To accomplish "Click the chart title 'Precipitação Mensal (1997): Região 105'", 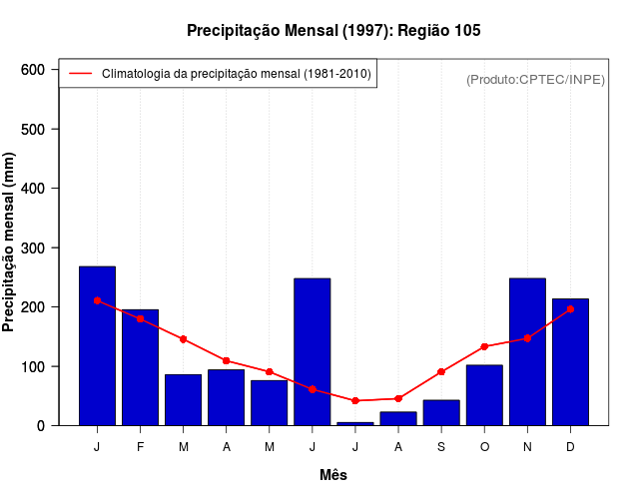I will pos(333,31).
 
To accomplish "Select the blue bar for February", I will pos(140,367).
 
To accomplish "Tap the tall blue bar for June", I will pos(312,351).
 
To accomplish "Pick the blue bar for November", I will pos(527,351).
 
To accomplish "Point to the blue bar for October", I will pos(484,395).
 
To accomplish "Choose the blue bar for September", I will pos(441,412).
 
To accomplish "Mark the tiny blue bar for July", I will pos(354,423).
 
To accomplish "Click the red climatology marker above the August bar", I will pos(398,398).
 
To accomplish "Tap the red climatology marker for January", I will pos(97,300).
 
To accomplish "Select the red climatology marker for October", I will pos(484,346).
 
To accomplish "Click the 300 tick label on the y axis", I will pos(34,248).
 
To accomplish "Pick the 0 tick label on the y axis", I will pos(40,425).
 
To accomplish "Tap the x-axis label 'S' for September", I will pos(441,446).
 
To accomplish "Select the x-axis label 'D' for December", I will pos(570,446).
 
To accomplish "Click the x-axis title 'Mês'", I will pos(333,475).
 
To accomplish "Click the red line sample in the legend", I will pos(80,74).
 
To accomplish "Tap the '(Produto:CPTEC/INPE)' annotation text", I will pos(535,79).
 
